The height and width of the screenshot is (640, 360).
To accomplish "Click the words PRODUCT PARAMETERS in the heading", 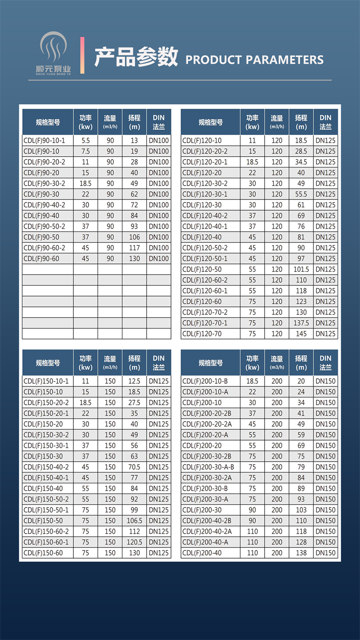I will click(254, 59).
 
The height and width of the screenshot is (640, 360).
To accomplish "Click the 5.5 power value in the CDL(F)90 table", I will click(85, 140).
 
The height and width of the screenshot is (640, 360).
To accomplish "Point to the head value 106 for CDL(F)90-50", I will click(134, 237).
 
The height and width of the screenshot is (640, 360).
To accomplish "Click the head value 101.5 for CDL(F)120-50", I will click(301, 269).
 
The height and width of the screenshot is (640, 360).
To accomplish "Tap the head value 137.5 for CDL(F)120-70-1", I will click(301, 323).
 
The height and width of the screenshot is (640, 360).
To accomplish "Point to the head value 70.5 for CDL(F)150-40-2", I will click(134, 467).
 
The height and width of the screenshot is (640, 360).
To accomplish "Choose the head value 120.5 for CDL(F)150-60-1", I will click(134, 542).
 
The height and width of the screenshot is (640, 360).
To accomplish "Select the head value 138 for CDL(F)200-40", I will click(301, 553).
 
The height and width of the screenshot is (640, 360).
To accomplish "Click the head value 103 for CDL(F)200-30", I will click(301, 510).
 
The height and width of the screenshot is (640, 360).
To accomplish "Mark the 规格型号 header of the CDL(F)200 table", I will click(211, 362).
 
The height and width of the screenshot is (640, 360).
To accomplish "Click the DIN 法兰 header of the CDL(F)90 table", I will click(158, 122).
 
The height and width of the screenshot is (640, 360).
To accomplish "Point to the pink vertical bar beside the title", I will click(82, 55).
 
